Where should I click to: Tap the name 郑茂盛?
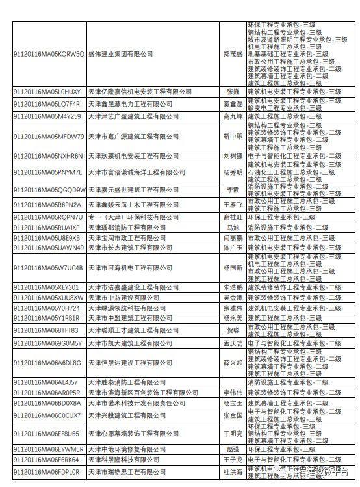coord(232,54)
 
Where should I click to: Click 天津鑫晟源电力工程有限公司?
coord(126,103)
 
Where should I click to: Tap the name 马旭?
coord(232,228)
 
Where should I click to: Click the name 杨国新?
coord(232,267)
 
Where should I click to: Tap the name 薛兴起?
coord(232,362)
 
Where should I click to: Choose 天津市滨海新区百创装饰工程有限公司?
coord(143,393)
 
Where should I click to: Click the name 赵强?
coord(232,449)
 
